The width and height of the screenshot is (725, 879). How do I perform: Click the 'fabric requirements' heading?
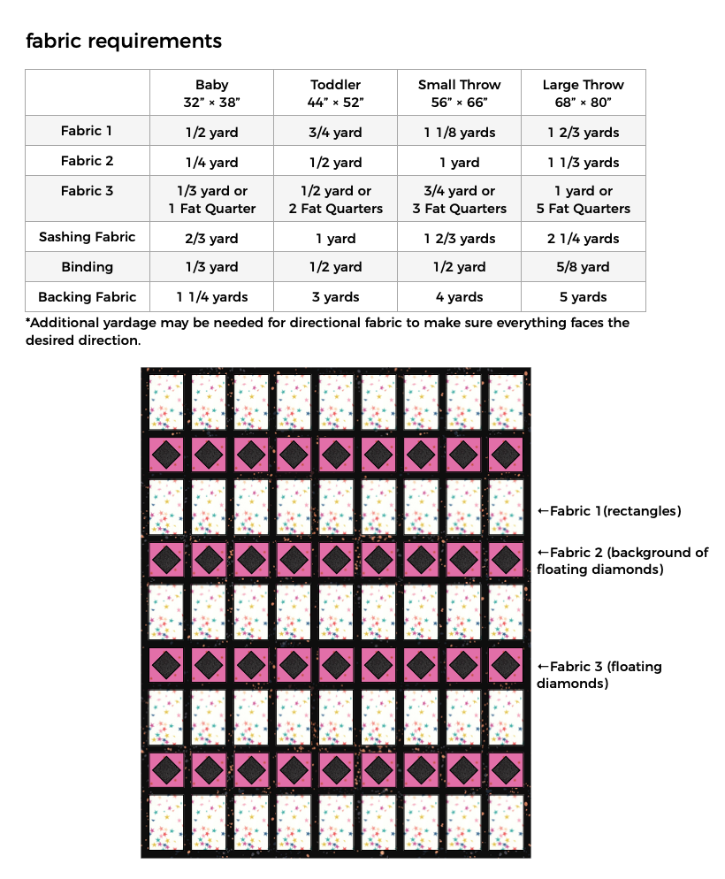(124, 41)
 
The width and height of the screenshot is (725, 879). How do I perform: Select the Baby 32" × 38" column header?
(211, 93)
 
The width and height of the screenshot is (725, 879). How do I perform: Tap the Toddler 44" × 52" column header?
(335, 93)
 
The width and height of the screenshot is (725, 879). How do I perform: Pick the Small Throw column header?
(459, 93)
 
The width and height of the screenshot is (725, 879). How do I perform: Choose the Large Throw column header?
(583, 93)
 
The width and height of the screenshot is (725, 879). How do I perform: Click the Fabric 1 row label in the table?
(87, 131)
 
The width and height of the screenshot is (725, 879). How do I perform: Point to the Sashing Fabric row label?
(87, 237)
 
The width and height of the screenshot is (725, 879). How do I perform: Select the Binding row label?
(87, 267)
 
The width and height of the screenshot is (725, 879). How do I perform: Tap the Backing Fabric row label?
(87, 297)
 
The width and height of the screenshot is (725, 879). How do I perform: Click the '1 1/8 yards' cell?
(459, 133)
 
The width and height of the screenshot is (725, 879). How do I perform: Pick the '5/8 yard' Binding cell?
(583, 267)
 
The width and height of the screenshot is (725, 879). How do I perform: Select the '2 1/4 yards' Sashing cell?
(583, 239)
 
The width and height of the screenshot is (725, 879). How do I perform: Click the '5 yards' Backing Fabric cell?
(583, 297)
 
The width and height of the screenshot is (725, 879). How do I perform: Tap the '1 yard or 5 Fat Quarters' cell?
(583, 200)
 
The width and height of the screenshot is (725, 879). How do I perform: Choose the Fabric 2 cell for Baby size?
(211, 163)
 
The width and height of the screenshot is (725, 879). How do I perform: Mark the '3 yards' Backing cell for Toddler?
(335, 297)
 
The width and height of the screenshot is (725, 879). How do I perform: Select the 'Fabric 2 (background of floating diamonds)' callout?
(622, 561)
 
